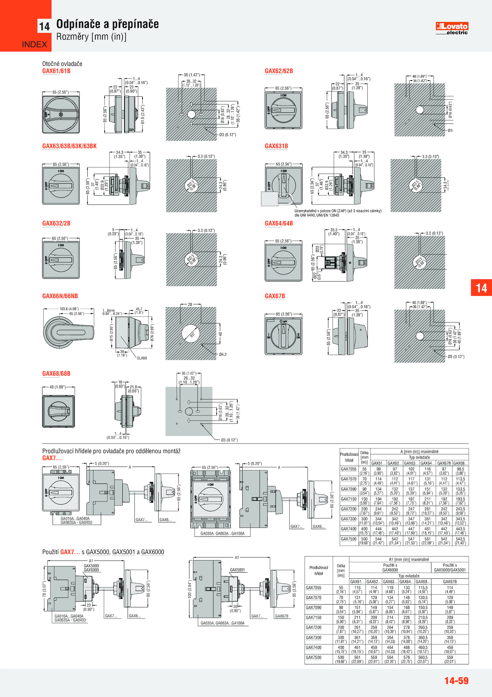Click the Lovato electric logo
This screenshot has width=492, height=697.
[x=452, y=28]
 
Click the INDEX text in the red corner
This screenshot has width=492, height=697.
[x=34, y=44]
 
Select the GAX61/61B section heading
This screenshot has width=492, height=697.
[x=56, y=71]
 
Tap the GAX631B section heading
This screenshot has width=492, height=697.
[x=276, y=146]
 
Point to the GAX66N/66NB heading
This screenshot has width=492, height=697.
[x=60, y=296]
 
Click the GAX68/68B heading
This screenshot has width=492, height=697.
[x=56, y=374]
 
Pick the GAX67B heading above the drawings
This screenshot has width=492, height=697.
[x=275, y=296]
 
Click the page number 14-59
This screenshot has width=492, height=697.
[x=456, y=680]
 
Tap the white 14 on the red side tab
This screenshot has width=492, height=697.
[x=481, y=288]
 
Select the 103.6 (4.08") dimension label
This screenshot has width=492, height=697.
[x=69, y=309]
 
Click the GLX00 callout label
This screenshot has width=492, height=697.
[x=142, y=358]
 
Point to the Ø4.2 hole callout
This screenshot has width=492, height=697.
[x=223, y=355]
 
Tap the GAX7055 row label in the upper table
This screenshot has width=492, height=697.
[x=348, y=469]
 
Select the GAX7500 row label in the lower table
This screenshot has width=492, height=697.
[x=313, y=657]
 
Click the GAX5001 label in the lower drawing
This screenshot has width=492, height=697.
[x=237, y=569]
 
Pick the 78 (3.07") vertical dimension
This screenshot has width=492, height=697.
[x=44, y=589]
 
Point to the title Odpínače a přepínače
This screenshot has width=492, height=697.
[x=107, y=24]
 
